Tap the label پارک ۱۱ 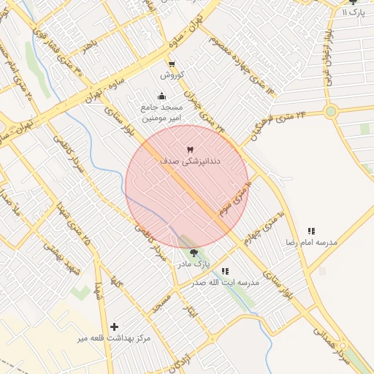tap(354, 13)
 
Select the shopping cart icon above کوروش tap(172, 64)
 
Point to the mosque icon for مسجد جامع tap(161, 96)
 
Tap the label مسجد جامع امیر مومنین tap(161, 112)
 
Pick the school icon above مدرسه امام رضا tap(310, 231)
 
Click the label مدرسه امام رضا tap(312, 242)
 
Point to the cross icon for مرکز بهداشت tap(114, 327)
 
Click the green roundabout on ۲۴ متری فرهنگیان tap(331, 112)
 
